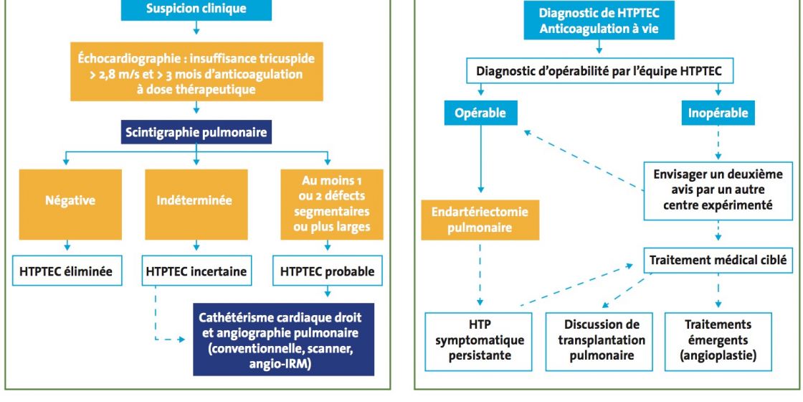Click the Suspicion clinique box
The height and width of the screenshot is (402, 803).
pos(196,10)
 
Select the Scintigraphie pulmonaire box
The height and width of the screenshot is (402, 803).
pos(196,132)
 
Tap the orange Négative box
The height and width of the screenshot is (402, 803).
pos(70,204)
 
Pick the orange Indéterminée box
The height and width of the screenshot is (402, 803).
pos(196,204)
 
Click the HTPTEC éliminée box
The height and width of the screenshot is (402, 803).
pos(67,271)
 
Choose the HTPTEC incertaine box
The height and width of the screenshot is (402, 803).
pos(196,271)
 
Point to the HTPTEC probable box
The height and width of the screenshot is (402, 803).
pos(327,271)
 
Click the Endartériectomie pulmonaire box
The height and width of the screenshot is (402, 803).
pos(480,220)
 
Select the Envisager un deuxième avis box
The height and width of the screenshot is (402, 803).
pos(718,190)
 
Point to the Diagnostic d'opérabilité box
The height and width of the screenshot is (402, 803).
pos(599,71)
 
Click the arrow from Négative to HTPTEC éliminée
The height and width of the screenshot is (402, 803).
pos(67,246)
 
